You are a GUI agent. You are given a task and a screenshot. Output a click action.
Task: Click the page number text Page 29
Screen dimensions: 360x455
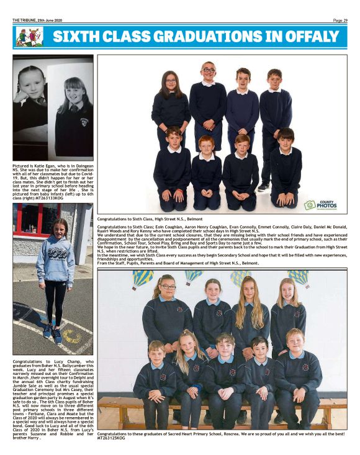coord(340,20)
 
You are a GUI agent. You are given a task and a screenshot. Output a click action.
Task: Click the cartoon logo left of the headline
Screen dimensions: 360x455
coord(29,37)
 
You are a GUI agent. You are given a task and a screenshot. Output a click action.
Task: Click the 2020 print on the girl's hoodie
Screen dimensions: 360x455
coord(56,255)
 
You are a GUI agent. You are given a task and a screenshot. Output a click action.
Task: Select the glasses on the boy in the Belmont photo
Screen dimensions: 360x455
coord(209,70)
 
